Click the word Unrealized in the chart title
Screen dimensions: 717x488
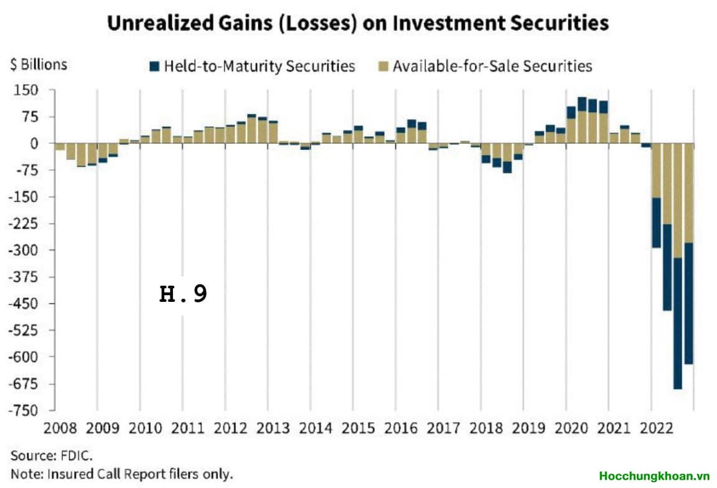click(161, 23)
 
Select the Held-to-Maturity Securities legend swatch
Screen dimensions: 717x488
click(154, 67)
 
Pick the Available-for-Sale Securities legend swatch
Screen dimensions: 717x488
click(383, 67)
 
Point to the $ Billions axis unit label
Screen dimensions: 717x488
click(39, 65)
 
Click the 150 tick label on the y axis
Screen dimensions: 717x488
click(26, 90)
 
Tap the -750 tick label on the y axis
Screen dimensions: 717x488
click(23, 410)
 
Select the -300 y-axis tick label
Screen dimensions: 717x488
click(23, 250)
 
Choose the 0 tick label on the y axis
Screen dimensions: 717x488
click(34, 143)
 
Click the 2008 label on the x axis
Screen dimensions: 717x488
click(60, 428)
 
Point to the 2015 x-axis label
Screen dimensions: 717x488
click(358, 428)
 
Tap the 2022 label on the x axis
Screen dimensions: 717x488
click(657, 428)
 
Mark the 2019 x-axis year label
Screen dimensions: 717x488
click(528, 428)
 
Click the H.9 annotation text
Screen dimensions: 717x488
click(184, 294)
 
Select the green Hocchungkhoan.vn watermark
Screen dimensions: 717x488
click(654, 476)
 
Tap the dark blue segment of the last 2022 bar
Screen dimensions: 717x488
click(688, 303)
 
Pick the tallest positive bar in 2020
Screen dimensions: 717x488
click(582, 120)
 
